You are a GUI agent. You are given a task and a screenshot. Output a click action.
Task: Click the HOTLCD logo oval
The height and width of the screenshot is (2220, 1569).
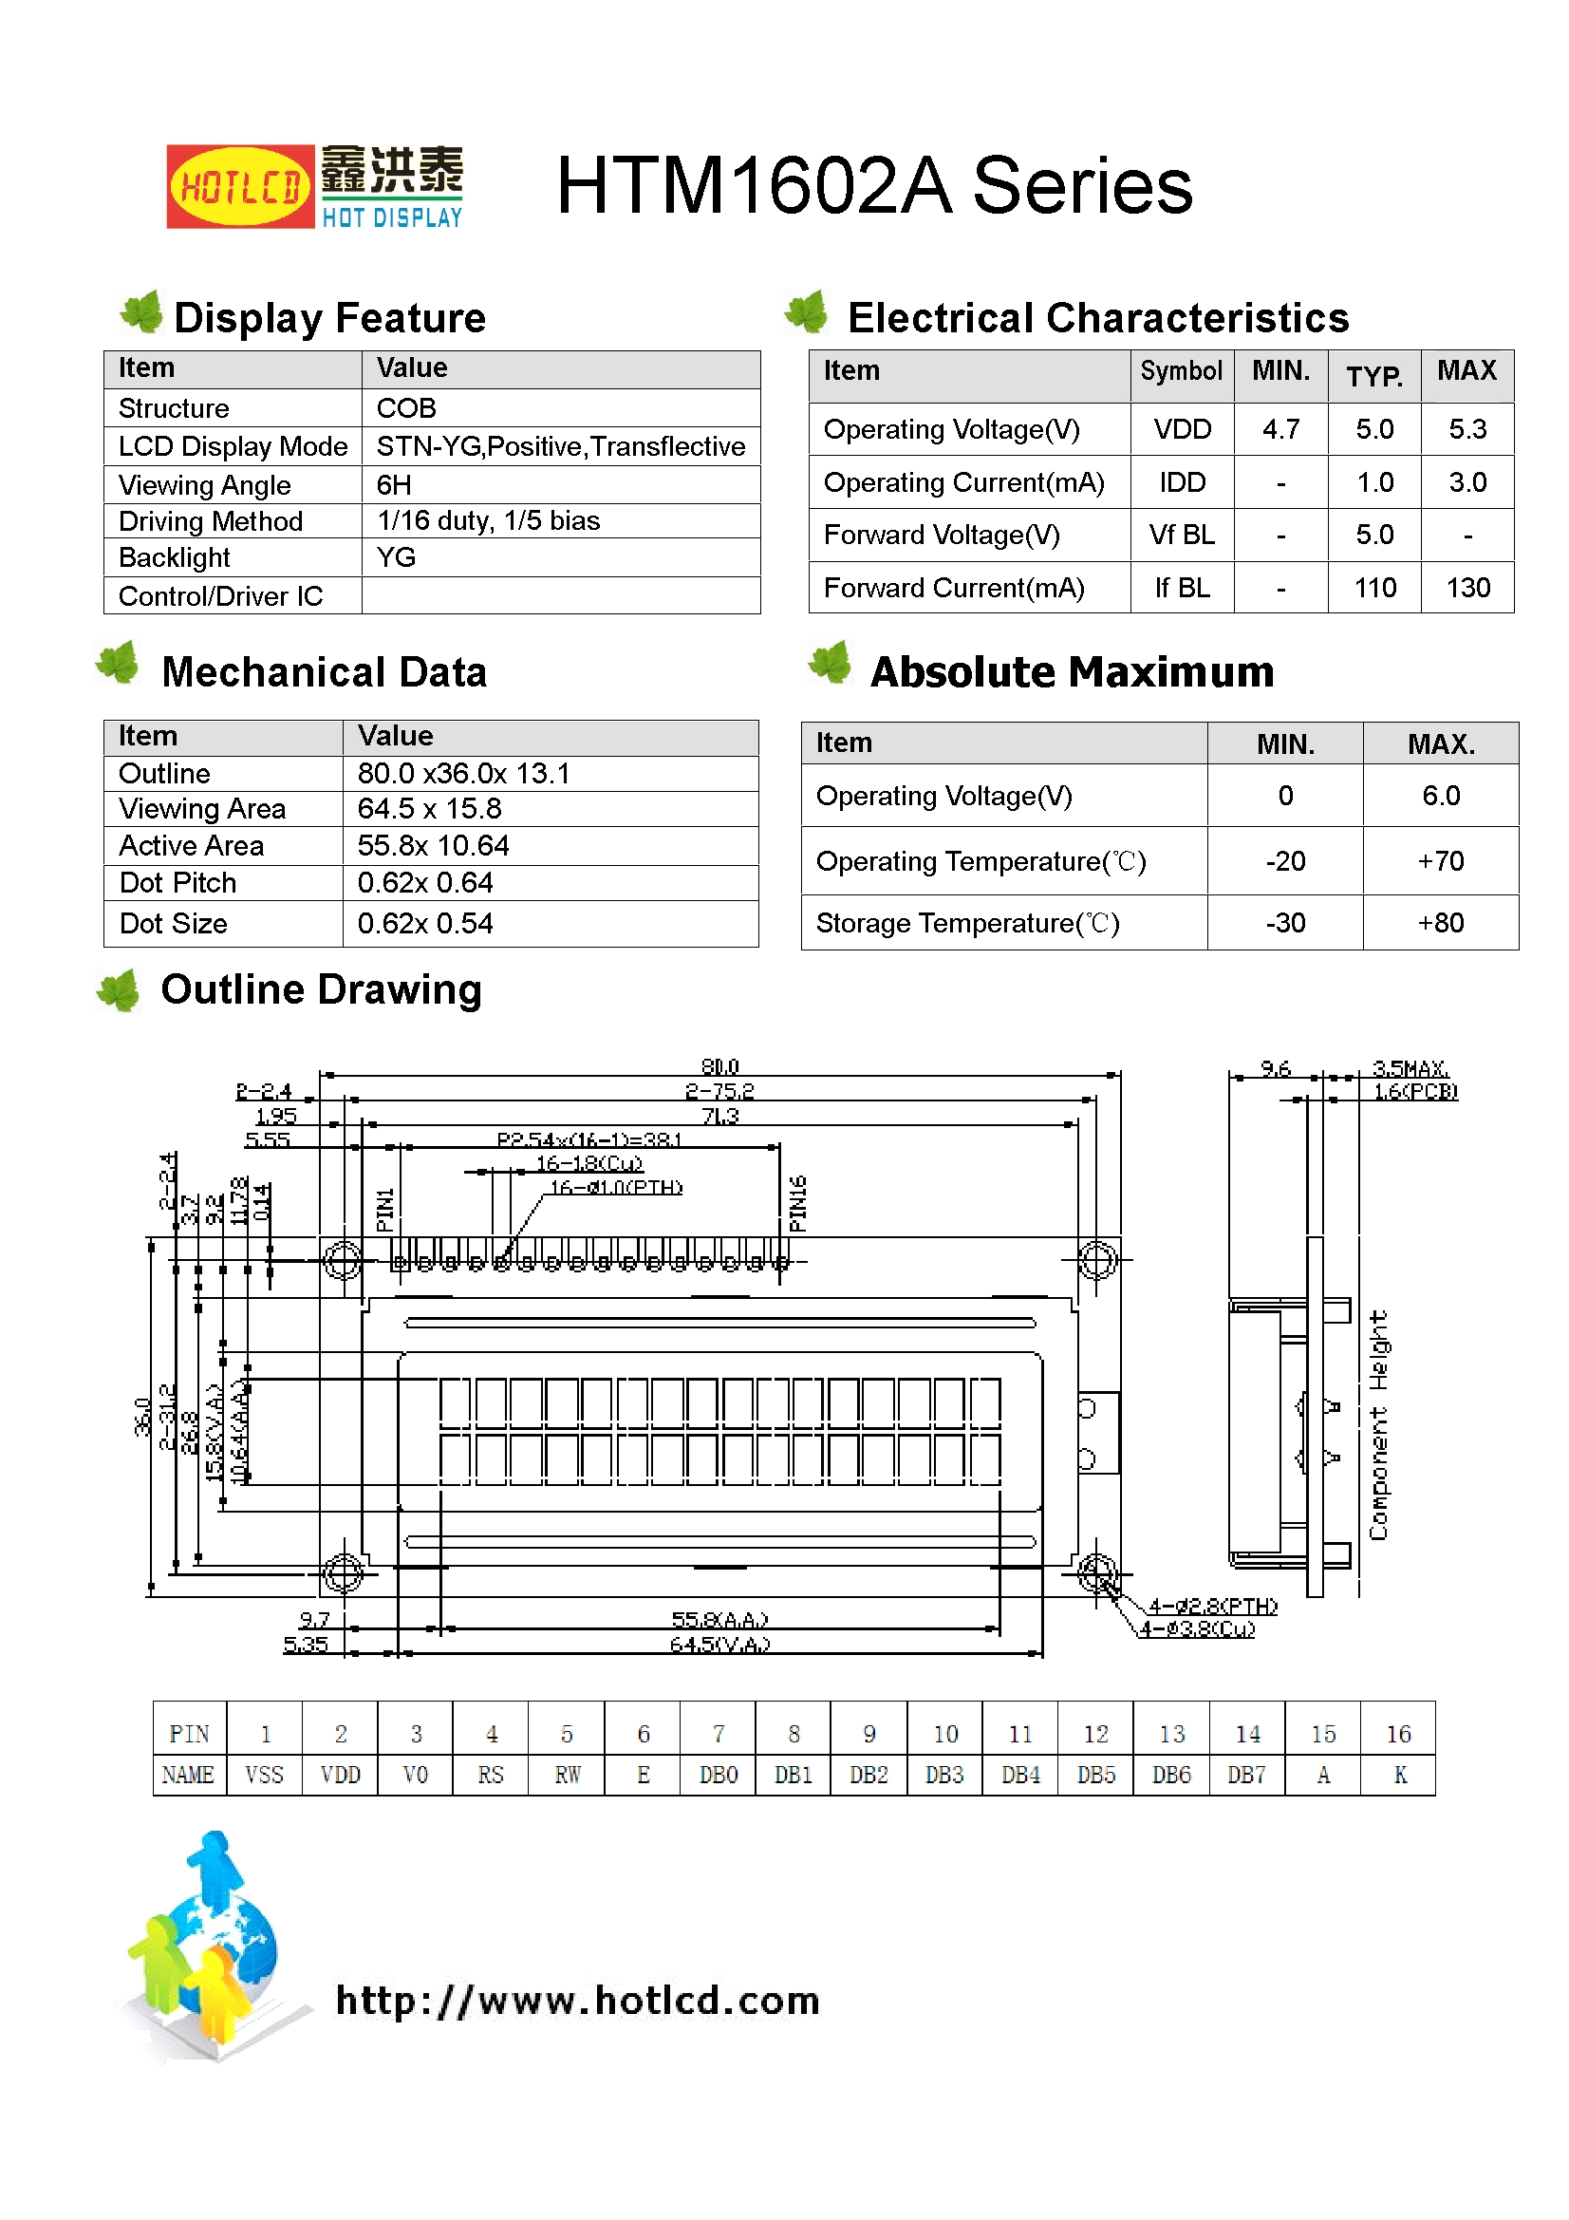240,187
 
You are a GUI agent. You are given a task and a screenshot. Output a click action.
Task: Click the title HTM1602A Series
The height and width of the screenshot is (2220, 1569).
874,186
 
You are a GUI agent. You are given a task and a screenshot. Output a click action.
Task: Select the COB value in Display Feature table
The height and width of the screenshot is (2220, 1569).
406,408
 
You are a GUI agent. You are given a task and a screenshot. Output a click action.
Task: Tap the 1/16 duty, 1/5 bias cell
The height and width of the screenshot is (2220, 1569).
488,521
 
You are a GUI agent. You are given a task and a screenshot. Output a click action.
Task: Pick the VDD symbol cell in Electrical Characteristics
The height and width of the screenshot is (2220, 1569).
1182,429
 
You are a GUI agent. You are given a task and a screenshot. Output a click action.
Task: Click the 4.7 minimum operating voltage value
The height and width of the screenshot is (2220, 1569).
1279,429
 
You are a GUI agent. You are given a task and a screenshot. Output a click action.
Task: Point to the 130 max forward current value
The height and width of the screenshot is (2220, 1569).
1466,588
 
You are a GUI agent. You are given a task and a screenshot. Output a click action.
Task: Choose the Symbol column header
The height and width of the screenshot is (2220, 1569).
1181,371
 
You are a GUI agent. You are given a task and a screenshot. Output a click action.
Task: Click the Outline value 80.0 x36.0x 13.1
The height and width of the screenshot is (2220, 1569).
463,774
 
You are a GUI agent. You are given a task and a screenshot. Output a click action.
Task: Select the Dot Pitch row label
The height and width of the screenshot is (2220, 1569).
177,883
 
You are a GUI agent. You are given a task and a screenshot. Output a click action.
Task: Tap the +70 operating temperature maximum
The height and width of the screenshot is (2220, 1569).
1440,860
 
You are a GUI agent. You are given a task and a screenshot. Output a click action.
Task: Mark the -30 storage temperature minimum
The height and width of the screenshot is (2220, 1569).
1285,923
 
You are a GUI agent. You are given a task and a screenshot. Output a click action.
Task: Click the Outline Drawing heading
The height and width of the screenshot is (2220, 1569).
321,990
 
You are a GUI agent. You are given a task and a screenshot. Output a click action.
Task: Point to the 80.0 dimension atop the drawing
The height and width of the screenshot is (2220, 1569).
719,1066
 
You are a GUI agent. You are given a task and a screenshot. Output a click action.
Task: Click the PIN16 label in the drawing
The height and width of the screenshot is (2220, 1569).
797,1204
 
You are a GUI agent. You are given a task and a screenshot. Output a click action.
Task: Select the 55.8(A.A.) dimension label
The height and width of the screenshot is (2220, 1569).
719,1620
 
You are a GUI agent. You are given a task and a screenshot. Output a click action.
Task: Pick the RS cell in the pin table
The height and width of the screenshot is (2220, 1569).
490,1776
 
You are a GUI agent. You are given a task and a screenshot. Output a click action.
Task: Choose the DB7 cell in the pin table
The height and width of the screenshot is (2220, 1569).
1246,1776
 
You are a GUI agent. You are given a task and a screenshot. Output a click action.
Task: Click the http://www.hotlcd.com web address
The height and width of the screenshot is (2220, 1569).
577,2000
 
